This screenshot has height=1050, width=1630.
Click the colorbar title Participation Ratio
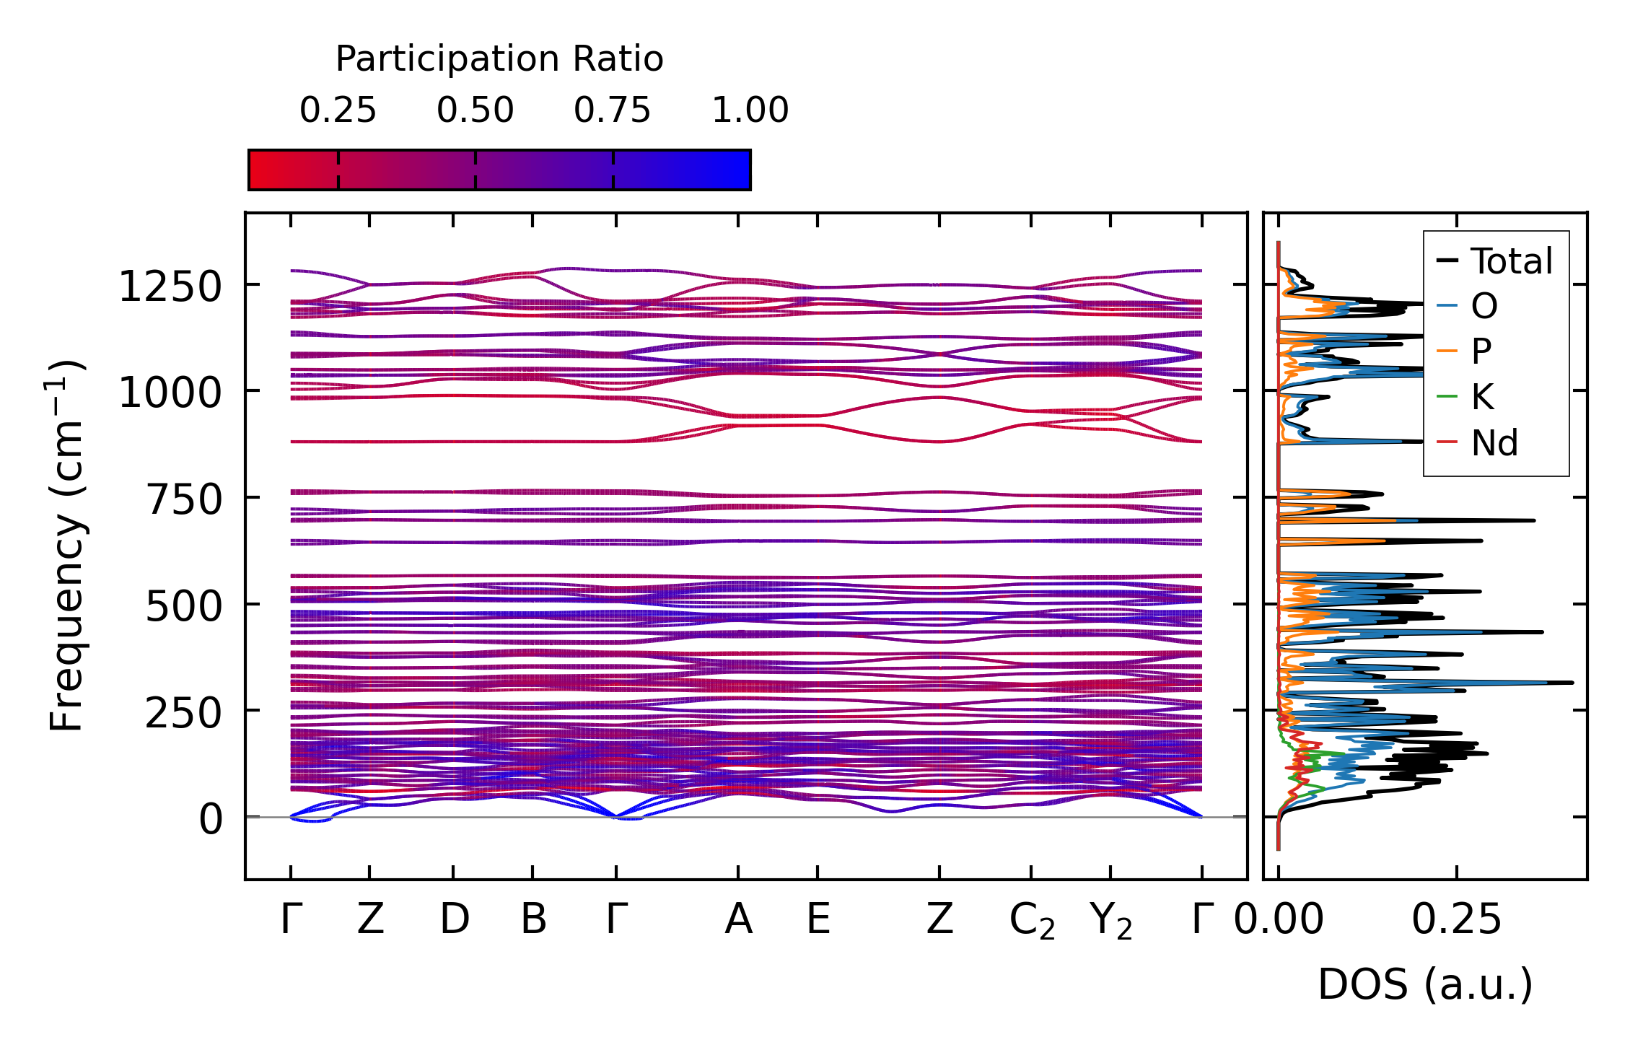[x=499, y=59]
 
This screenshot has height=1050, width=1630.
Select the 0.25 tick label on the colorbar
[x=338, y=110]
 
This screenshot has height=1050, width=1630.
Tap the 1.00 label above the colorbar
[x=750, y=110]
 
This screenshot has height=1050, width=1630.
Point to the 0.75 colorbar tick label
[x=612, y=110]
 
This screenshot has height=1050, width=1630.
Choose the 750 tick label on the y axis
[x=184, y=499]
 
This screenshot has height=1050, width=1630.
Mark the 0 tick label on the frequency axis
[x=211, y=820]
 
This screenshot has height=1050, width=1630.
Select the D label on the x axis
[x=454, y=919]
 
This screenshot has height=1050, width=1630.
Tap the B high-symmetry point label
[x=533, y=919]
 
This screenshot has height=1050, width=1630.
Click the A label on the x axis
[x=738, y=919]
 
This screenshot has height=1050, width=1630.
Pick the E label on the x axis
[x=818, y=919]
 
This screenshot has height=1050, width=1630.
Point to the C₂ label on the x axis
[x=1032, y=921]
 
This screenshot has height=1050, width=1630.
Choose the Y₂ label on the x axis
[x=1110, y=921]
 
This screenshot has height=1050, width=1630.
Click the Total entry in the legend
[x=1511, y=261]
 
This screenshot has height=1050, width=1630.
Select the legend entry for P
[x=1481, y=351]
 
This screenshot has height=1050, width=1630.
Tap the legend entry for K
[x=1482, y=397]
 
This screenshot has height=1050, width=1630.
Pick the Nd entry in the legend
[x=1494, y=442]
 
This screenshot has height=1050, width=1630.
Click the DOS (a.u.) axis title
[x=1425, y=984]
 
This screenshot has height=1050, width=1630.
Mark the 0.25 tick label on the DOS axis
[x=1456, y=919]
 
